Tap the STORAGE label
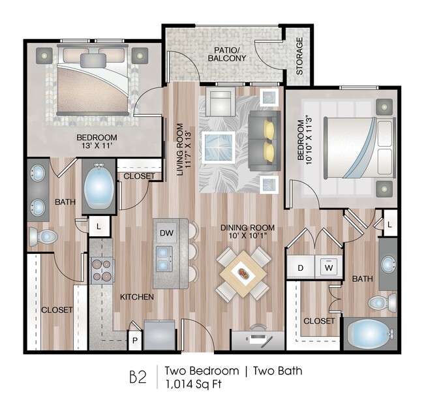pos(299,55)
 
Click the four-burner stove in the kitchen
pos(102,269)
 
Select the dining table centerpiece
pos(243,275)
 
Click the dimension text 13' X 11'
pos(97,147)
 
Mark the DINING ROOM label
pos(247,227)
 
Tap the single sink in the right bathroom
pos(388,265)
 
